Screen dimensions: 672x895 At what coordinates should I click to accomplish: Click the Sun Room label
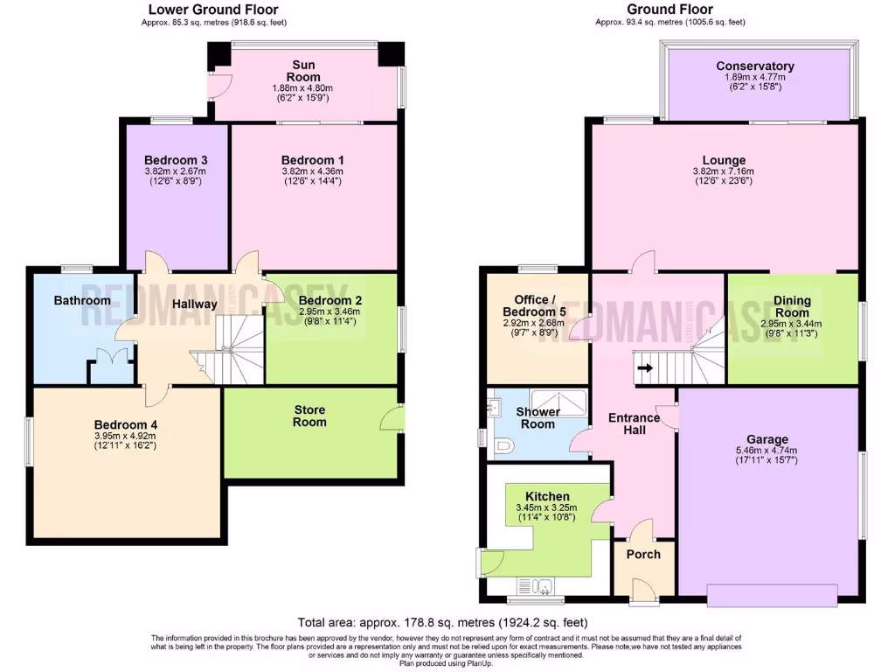point(304,71)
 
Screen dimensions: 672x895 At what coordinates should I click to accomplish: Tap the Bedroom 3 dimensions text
point(175,177)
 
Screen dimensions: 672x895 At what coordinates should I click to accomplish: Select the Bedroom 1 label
point(312,160)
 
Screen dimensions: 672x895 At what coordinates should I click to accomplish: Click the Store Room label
point(309,415)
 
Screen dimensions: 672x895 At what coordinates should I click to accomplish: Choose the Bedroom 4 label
point(125,425)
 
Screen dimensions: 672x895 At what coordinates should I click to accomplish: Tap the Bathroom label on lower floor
point(82,300)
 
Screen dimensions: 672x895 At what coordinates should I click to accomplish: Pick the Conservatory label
point(754,66)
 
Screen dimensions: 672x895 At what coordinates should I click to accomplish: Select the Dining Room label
point(792,306)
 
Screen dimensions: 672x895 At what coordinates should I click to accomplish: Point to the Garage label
point(767,439)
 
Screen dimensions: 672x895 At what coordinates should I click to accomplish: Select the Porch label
point(643,554)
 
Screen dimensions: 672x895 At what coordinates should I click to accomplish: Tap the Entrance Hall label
point(634,423)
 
